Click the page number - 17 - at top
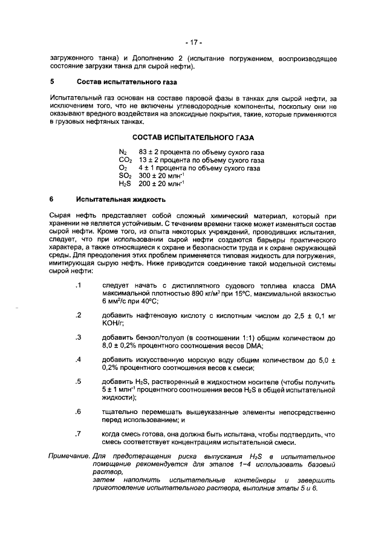pyautogui.click(x=193, y=43)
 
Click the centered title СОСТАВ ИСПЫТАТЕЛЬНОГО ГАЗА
pyautogui.click(x=193, y=138)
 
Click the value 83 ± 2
pyautogui.click(x=149, y=152)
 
